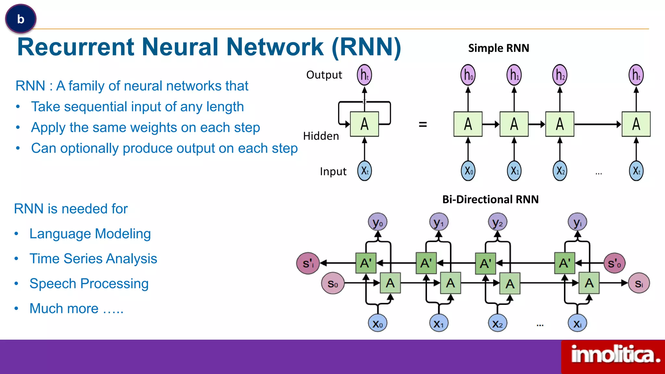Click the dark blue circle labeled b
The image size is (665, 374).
click(21, 19)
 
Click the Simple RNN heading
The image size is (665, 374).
click(498, 48)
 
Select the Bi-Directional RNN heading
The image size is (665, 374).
click(490, 199)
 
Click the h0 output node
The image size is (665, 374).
click(468, 75)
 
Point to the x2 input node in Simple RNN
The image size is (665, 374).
click(560, 171)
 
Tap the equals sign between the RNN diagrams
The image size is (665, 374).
click(422, 124)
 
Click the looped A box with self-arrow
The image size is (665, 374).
click(364, 124)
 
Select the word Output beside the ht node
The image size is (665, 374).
click(324, 75)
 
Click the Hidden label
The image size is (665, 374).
click(321, 136)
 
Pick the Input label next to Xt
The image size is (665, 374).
click(333, 171)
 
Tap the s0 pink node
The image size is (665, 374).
click(332, 283)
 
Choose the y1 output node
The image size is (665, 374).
click(439, 222)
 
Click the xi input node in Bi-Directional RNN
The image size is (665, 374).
click(577, 323)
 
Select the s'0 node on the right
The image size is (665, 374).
click(614, 263)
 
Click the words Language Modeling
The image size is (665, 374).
click(90, 234)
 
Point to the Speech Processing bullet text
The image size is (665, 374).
click(89, 283)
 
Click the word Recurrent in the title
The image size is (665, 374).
click(75, 47)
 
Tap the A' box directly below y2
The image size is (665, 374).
click(485, 263)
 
